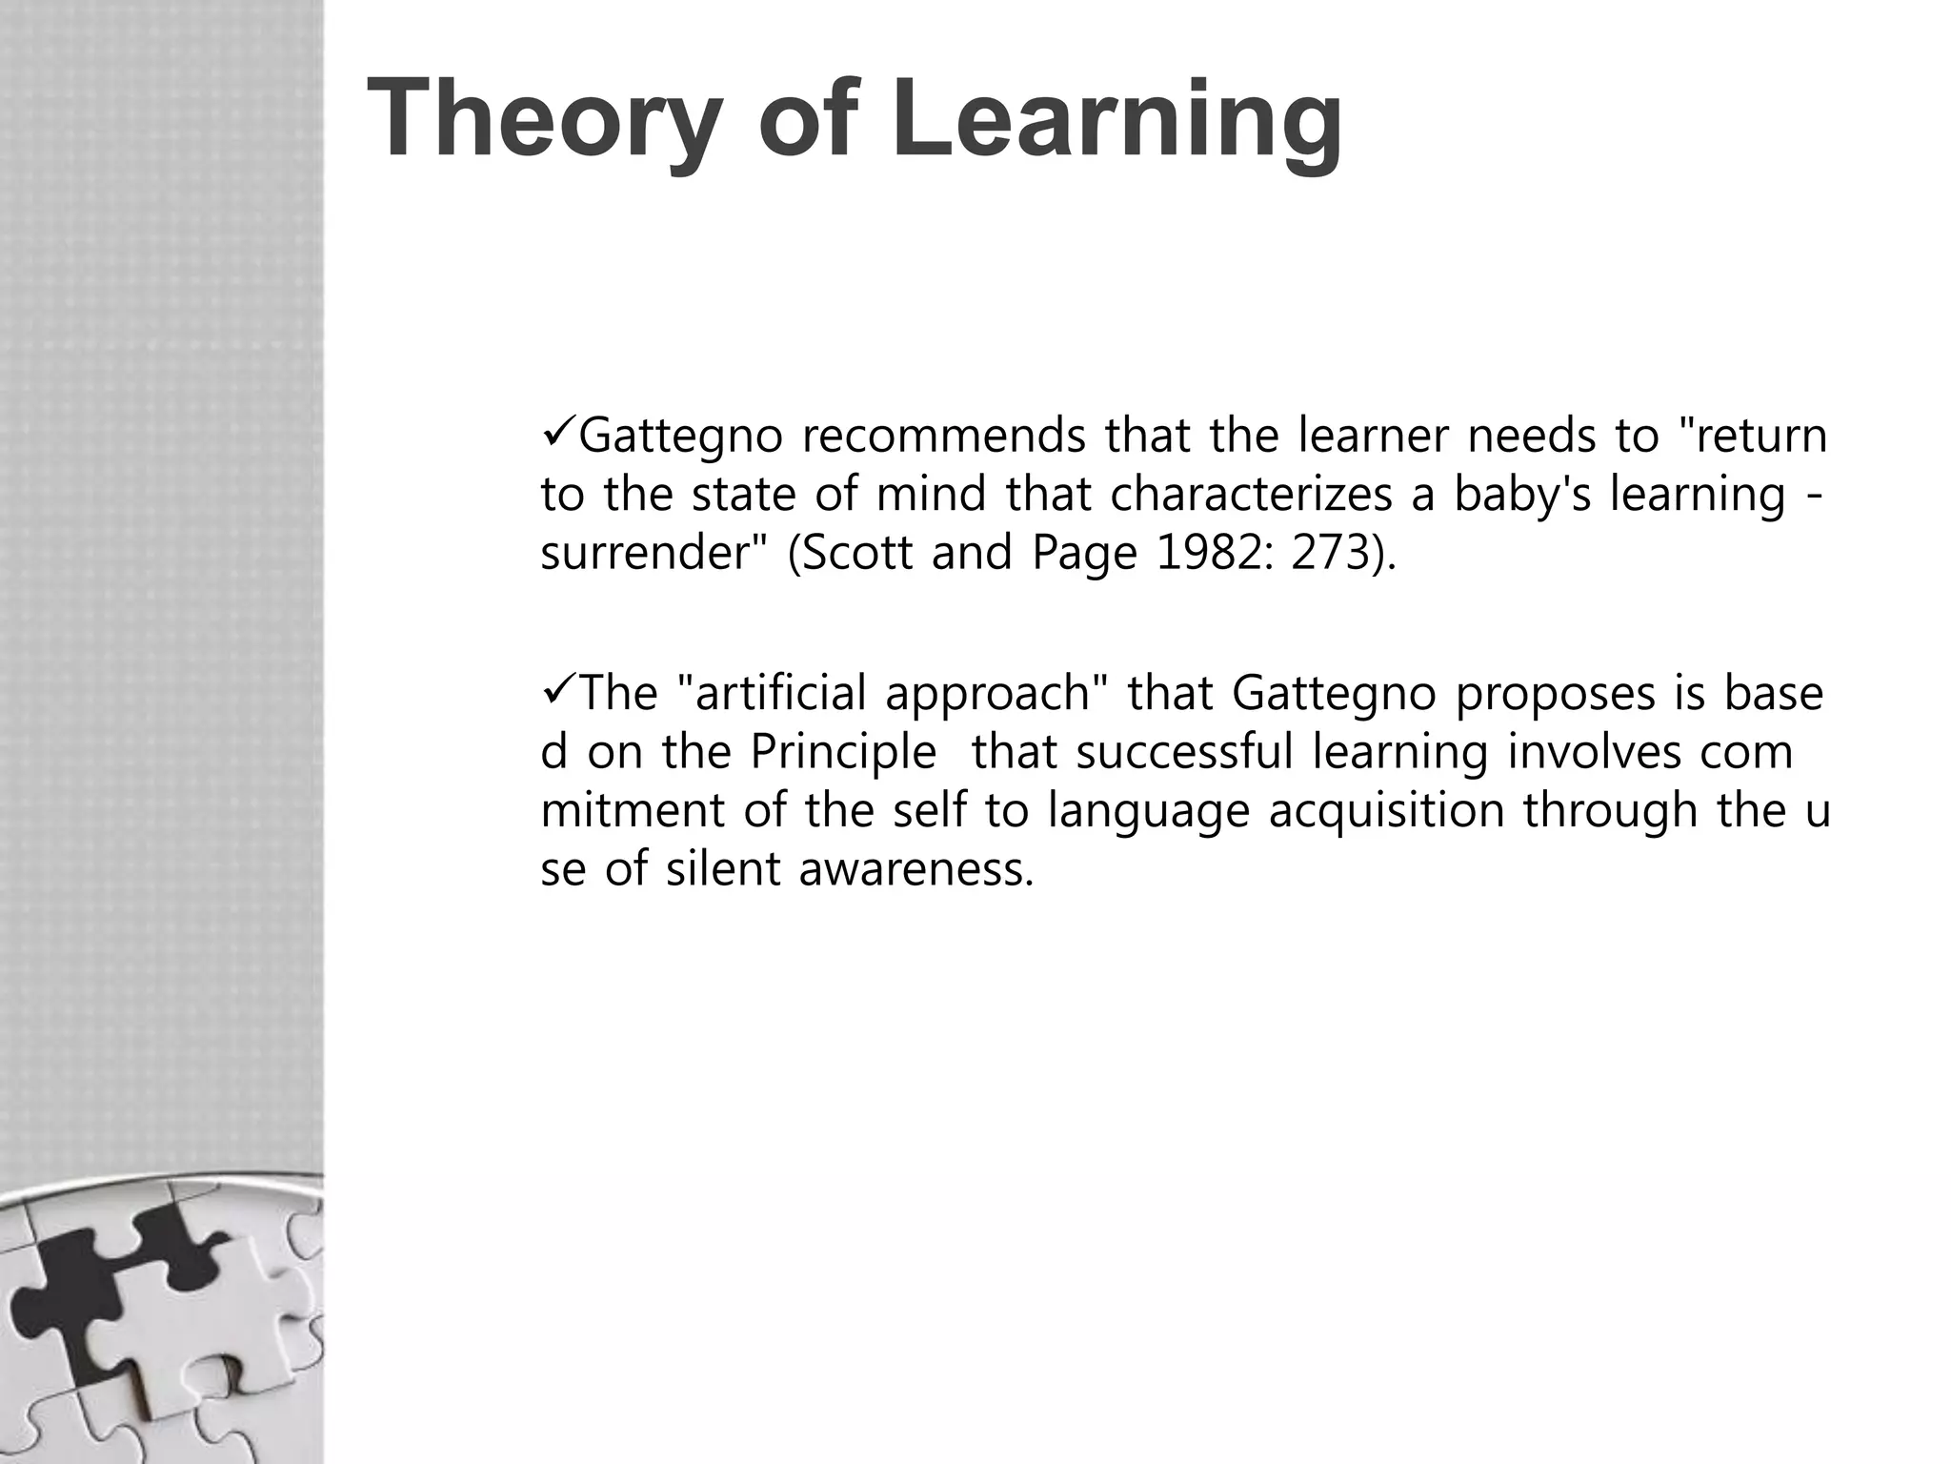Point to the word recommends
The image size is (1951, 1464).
coord(943,436)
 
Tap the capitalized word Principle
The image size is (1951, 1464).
coord(843,752)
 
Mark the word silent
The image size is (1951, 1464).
coord(723,869)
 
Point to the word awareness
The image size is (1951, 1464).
coord(915,869)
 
